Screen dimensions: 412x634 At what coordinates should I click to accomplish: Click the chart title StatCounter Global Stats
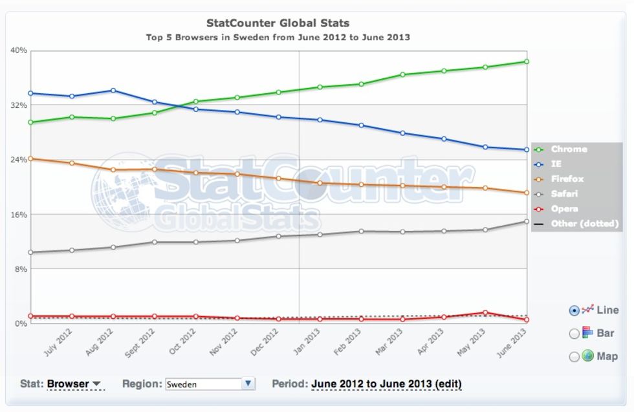click(278, 24)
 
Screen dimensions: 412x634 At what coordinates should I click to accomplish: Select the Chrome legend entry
click(569, 149)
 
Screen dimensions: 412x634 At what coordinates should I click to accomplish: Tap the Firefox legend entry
click(567, 179)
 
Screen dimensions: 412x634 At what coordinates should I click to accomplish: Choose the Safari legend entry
click(564, 194)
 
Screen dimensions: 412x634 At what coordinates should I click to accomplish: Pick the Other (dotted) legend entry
click(584, 224)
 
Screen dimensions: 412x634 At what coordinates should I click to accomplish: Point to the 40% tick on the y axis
click(19, 50)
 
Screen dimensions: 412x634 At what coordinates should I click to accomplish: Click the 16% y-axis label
click(19, 214)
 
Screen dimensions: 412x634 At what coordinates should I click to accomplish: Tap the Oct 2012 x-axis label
click(182, 342)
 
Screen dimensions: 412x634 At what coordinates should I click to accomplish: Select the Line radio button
click(574, 310)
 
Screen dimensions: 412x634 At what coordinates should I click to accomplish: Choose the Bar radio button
click(574, 334)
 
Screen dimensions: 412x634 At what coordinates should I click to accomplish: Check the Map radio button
click(574, 356)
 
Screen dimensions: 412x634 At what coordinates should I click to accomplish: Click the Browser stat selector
click(74, 384)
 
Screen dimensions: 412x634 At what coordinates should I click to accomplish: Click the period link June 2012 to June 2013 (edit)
click(386, 384)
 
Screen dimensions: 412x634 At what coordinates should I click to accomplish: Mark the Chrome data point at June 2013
click(527, 62)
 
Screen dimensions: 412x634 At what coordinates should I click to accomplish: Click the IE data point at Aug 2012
click(113, 91)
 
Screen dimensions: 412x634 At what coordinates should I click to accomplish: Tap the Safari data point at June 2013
click(527, 221)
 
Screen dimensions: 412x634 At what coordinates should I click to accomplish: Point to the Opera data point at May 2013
click(485, 312)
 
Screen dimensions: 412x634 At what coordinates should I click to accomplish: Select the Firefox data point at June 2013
click(527, 193)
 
